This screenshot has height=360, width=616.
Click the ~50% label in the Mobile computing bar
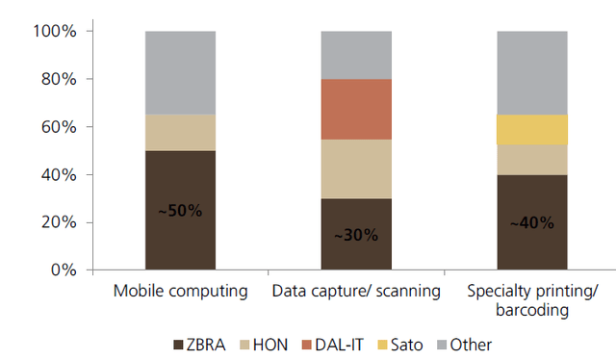tap(180, 211)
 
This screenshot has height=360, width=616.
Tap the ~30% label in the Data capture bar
tap(356, 235)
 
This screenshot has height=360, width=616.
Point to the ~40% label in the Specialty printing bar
tap(531, 223)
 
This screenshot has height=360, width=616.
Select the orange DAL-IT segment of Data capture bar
tap(356, 109)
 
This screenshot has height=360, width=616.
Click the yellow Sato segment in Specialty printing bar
tap(531, 129)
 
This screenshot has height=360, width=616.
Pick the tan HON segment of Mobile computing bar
tap(180, 133)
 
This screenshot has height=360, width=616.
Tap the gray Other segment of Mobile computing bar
tap(180, 72)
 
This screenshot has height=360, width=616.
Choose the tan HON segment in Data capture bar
tap(356, 168)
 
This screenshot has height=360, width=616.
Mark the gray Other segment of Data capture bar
tap(356, 54)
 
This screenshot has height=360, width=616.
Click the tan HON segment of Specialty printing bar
tap(531, 159)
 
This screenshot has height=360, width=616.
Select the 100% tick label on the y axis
tap(54, 31)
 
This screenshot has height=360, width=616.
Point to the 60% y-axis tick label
tap(58, 127)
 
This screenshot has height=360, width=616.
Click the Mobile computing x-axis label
tap(180, 291)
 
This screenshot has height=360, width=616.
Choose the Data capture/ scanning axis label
tap(356, 291)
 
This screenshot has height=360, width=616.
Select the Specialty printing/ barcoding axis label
tap(531, 300)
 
